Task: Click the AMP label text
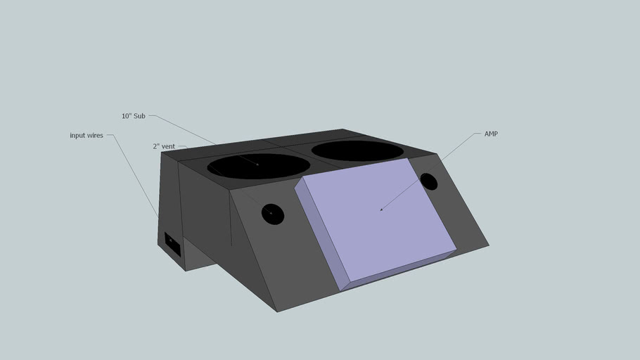[491, 134]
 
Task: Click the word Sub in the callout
[139, 116]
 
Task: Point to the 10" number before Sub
[127, 116]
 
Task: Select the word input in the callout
[77, 135]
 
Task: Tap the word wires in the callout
[95, 135]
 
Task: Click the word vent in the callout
[168, 146]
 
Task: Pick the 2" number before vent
[156, 146]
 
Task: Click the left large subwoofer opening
[258, 166]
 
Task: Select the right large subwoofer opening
[357, 150]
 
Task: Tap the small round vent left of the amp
[273, 214]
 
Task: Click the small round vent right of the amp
[428, 182]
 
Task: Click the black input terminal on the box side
[172, 244]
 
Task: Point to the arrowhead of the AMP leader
[380, 210]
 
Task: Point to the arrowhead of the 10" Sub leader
[258, 165]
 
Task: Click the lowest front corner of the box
[277, 311]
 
